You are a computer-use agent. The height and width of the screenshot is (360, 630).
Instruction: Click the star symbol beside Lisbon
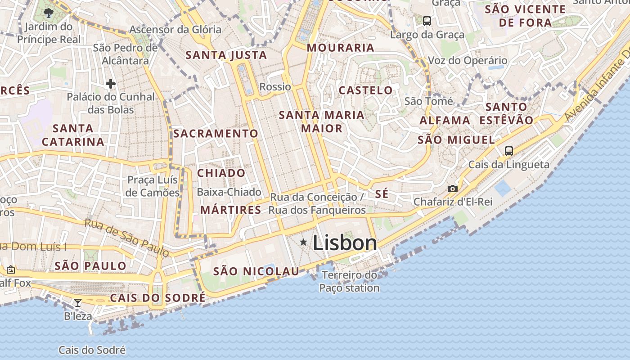(x=304, y=243)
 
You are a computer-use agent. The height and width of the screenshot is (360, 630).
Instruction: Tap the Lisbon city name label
(x=345, y=243)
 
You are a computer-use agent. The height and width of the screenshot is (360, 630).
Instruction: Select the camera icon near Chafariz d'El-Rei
(x=453, y=189)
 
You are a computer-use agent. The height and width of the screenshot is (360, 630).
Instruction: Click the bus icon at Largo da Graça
(x=427, y=21)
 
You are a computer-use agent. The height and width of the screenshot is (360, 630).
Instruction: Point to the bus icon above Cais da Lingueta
(x=509, y=151)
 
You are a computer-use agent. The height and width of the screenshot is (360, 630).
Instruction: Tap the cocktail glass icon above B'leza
(x=78, y=302)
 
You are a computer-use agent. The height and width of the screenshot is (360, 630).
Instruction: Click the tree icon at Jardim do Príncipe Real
(x=49, y=13)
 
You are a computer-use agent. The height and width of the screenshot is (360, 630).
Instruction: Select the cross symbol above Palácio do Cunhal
(x=111, y=84)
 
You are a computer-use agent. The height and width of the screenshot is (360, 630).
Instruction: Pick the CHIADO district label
(x=221, y=173)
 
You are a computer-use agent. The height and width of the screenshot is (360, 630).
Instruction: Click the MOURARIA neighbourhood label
(x=341, y=48)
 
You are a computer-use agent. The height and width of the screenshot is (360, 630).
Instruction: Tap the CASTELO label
(x=365, y=90)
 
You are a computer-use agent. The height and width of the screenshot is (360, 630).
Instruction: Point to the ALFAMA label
(x=445, y=121)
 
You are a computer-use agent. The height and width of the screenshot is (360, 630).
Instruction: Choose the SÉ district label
(x=382, y=194)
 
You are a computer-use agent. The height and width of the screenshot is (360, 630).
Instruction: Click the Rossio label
(x=275, y=86)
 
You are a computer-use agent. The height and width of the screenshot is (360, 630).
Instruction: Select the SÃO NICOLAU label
(x=256, y=271)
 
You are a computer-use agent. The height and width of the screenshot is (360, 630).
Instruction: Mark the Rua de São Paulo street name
(x=126, y=238)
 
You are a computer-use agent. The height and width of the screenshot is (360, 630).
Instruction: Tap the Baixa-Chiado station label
(x=229, y=192)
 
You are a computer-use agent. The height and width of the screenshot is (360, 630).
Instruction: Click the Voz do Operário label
(x=468, y=60)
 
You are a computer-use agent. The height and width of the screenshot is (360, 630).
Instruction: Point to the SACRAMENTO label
(x=216, y=134)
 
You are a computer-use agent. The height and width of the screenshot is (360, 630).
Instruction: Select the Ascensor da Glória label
(x=175, y=30)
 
